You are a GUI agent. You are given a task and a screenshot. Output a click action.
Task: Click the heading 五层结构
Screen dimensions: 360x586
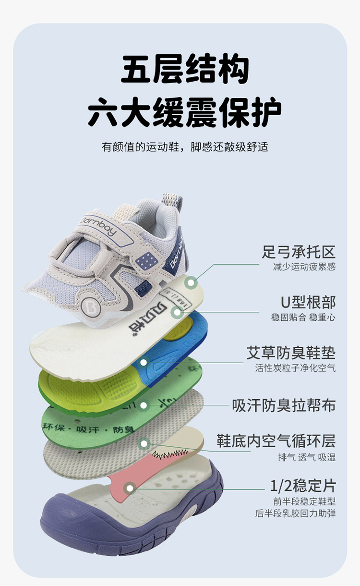click(185, 70)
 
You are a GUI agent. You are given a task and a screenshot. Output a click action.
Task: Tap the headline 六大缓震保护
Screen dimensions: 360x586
click(185, 113)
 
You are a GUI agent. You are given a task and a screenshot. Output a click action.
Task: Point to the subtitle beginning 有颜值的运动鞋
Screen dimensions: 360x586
click(185, 146)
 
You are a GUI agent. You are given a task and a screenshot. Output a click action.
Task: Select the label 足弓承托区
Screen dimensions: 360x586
click(298, 252)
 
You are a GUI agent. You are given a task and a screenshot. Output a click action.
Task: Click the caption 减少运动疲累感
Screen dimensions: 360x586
click(304, 267)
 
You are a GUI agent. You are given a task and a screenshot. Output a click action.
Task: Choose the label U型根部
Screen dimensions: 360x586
click(308, 302)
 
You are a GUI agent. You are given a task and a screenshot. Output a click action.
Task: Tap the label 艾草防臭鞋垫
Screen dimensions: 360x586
click(291, 353)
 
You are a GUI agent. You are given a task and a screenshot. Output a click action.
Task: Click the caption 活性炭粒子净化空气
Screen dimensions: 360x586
click(295, 368)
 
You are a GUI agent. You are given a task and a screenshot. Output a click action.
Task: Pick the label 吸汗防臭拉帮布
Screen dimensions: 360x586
click(284, 405)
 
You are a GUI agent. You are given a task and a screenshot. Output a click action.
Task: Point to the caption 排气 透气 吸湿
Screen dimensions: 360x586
click(307, 457)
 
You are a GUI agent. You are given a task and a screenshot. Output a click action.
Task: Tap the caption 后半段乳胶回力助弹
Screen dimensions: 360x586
click(295, 513)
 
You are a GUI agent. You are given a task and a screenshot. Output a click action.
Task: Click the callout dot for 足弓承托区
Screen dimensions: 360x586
click(192, 282)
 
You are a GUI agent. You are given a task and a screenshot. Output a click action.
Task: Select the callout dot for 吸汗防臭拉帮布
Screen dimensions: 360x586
click(144, 405)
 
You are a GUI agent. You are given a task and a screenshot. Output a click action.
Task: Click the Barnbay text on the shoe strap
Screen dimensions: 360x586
click(98, 226)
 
